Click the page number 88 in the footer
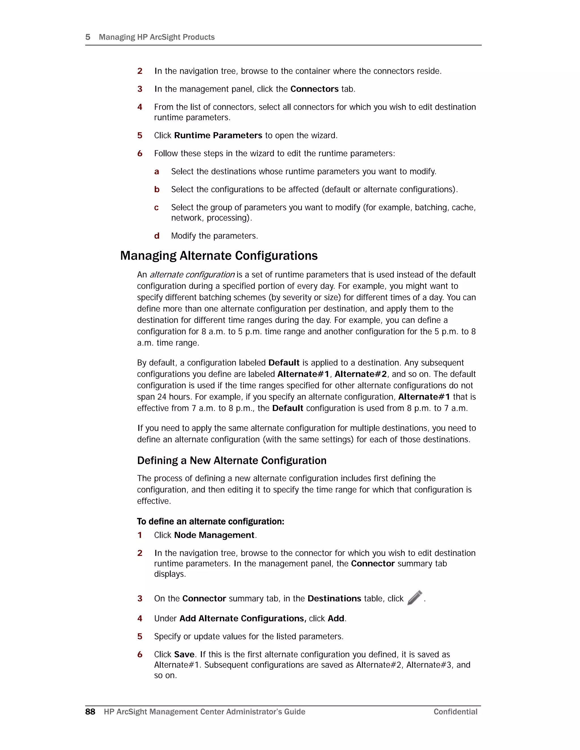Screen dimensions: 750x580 point(90,712)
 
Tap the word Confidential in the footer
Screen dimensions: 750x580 point(455,712)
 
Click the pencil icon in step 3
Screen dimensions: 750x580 point(414,597)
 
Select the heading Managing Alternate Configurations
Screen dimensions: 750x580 point(219,256)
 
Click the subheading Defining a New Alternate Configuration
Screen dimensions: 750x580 point(232,460)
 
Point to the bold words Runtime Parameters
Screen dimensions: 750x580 point(218,135)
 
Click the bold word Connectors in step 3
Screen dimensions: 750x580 point(314,89)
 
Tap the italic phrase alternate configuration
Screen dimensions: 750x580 point(192,275)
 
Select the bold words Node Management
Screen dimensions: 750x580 point(214,535)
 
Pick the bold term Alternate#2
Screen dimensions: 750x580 point(361,374)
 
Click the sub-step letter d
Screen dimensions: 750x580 point(157,236)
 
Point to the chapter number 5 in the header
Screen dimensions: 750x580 point(88,37)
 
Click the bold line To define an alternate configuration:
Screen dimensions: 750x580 point(210,521)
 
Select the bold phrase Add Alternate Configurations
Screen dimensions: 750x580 point(242,618)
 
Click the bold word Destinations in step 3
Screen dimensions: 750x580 point(334,599)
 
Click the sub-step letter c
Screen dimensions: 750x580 point(156,207)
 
